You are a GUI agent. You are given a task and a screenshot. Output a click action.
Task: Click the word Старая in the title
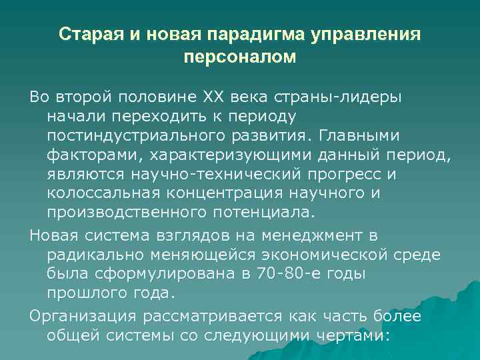pyautogui.click(x=87, y=33)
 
